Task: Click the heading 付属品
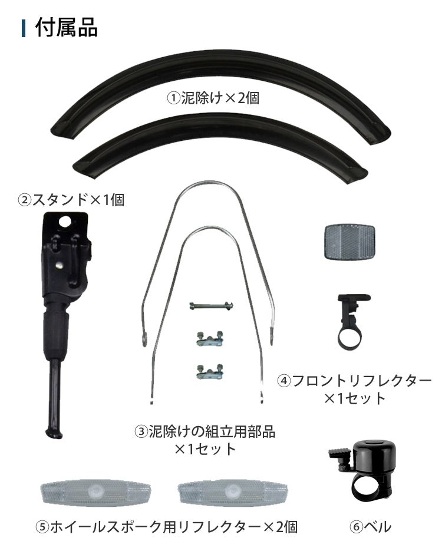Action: (x=67, y=28)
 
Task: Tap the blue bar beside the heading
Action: (x=24, y=28)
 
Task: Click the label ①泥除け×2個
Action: (x=213, y=98)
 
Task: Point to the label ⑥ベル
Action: (x=370, y=527)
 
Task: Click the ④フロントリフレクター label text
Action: (x=354, y=381)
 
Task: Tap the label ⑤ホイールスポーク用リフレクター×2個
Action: (x=167, y=527)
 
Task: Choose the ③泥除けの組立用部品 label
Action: (x=205, y=432)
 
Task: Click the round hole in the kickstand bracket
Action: (x=65, y=222)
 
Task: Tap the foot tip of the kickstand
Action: (x=54, y=433)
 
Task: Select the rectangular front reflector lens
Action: (x=349, y=242)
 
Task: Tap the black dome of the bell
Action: (x=371, y=456)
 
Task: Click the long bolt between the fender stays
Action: (x=211, y=306)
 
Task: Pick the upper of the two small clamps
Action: (x=210, y=339)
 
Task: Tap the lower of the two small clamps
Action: (x=210, y=371)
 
